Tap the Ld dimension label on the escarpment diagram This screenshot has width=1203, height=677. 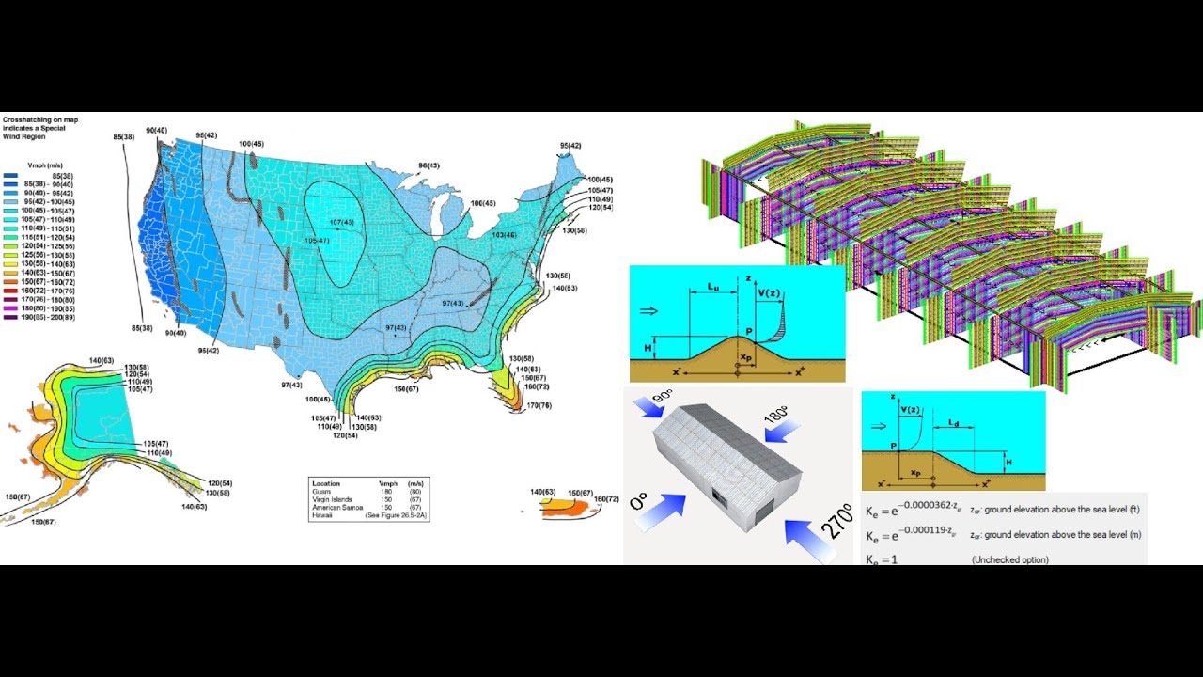954,425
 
